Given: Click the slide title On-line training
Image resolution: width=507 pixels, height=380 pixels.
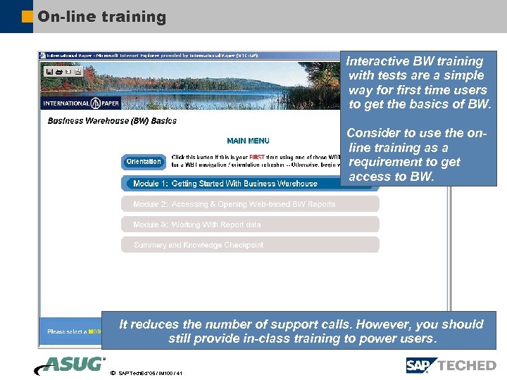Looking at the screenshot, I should [x=102, y=17].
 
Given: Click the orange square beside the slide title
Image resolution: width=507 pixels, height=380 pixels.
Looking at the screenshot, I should [x=27, y=16].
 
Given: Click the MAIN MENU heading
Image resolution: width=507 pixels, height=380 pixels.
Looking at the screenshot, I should [x=248, y=141].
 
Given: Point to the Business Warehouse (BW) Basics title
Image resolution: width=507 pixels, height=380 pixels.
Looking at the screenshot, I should [x=112, y=121].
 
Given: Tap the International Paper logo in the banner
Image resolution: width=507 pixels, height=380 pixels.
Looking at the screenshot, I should [x=82, y=103].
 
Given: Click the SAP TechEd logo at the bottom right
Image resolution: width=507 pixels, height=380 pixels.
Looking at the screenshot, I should [x=451, y=365].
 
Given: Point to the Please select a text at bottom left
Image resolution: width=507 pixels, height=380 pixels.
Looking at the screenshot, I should [x=66, y=331].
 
